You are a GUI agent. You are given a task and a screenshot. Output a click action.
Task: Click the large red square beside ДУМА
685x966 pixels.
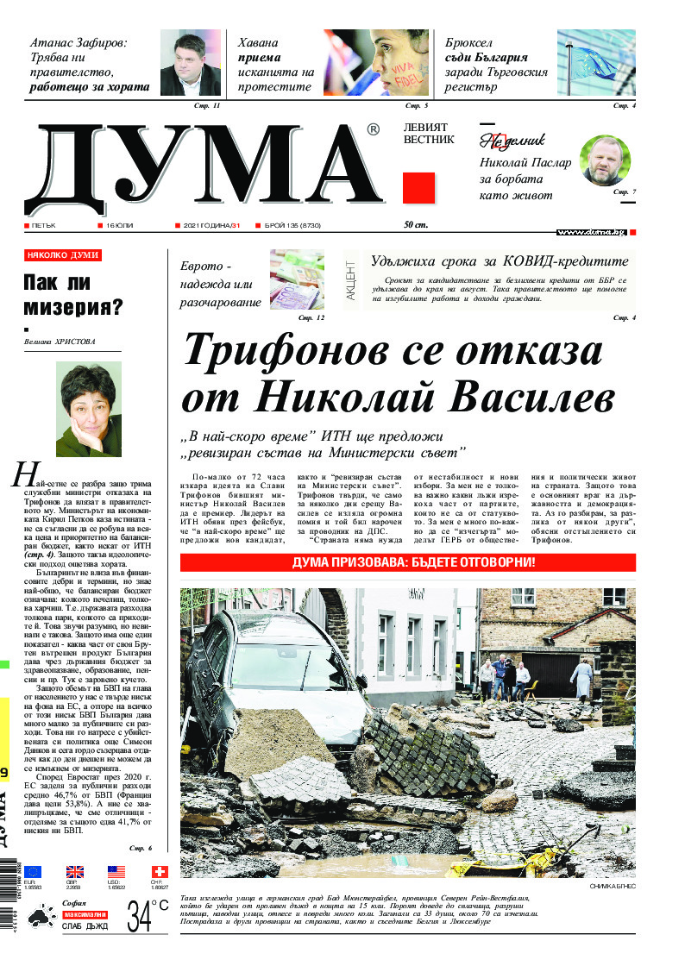click(x=419, y=188)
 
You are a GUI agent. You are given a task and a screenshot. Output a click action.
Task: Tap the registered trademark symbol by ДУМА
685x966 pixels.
click(x=373, y=130)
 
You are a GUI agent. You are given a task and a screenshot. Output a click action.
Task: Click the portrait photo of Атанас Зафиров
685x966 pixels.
click(x=195, y=63)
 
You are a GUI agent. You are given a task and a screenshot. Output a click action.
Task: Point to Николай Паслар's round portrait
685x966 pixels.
click(x=605, y=160)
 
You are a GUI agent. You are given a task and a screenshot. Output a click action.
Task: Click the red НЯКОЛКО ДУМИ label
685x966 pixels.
click(x=62, y=255)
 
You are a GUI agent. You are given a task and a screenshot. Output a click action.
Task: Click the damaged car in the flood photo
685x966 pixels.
click(x=276, y=681)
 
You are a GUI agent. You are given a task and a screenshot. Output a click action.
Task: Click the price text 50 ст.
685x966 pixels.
click(x=417, y=225)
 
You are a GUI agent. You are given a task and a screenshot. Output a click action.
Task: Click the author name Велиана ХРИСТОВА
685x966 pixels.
click(x=60, y=342)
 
